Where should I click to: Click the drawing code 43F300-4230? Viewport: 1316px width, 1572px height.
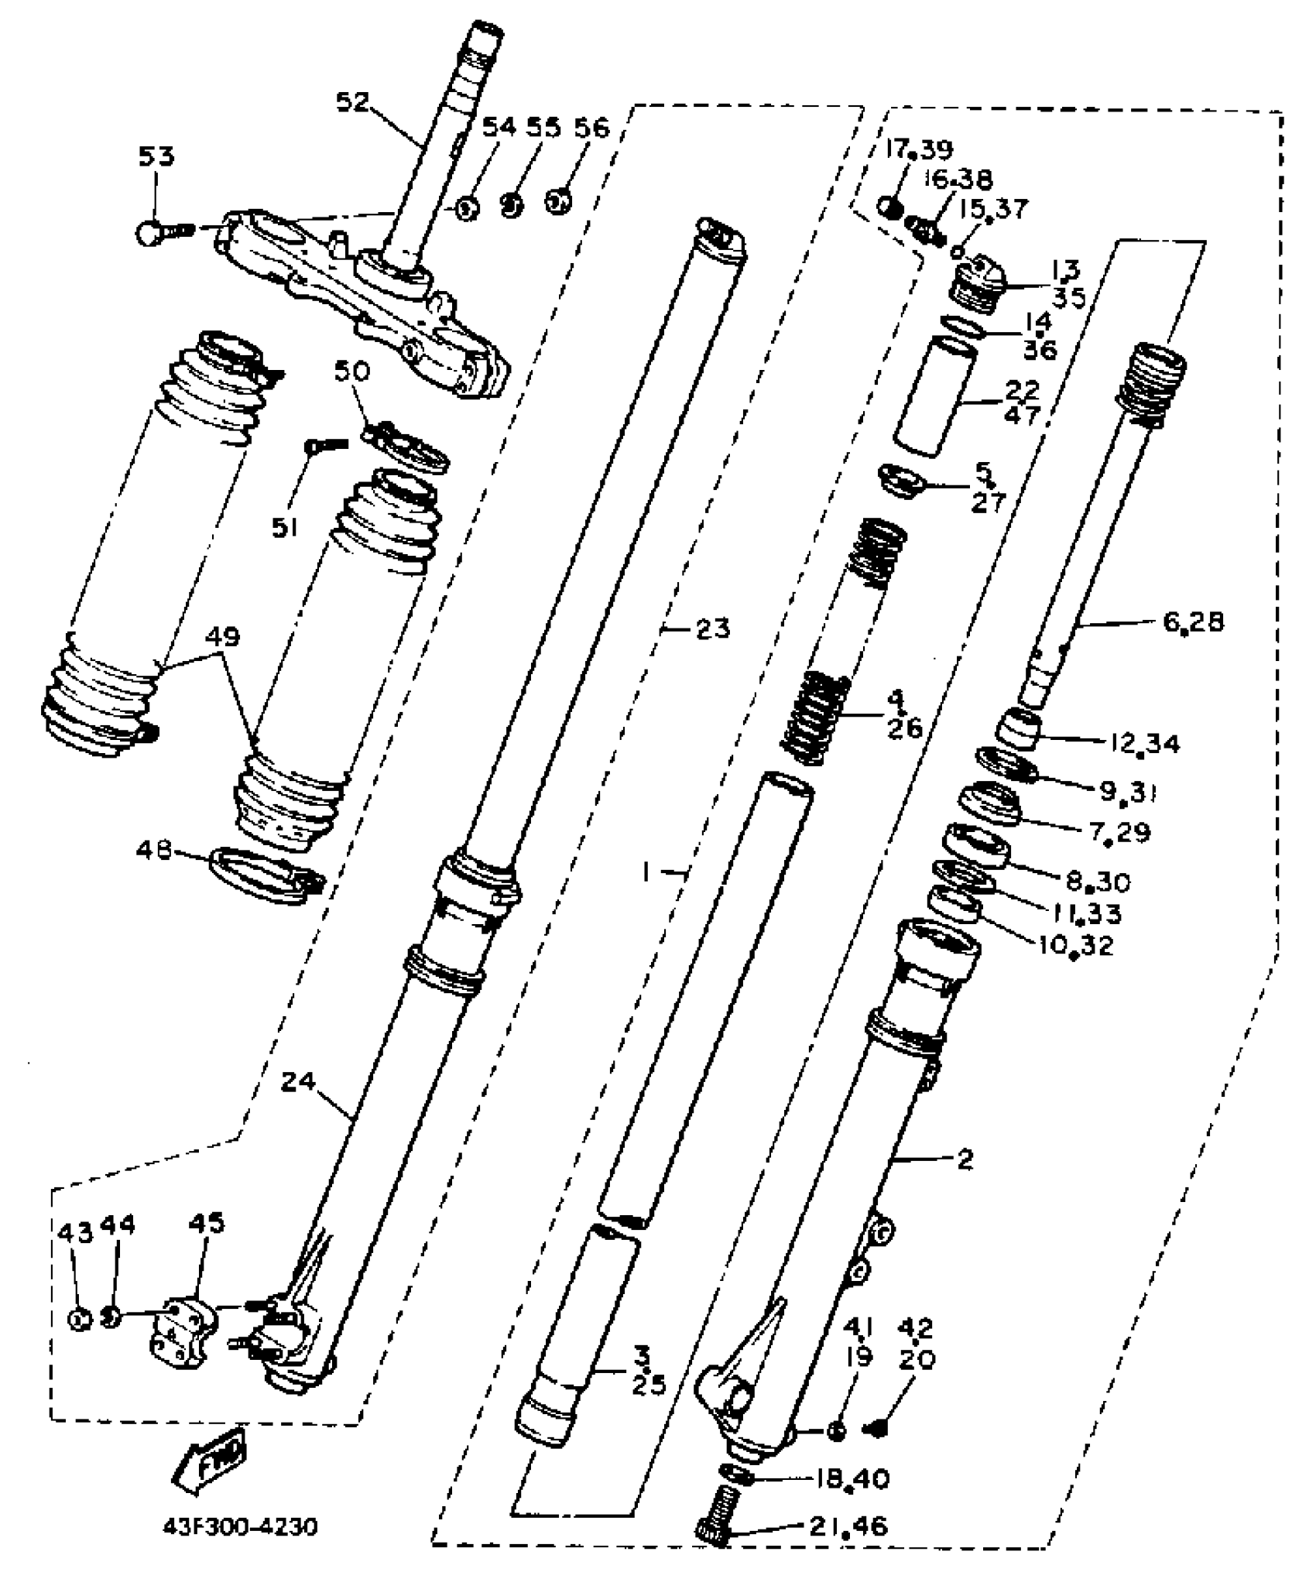click(x=240, y=1528)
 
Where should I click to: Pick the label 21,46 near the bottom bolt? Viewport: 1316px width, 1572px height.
click(x=848, y=1526)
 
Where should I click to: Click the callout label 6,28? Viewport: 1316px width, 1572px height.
click(x=1193, y=622)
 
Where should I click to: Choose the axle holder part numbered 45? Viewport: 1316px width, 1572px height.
click(x=183, y=1336)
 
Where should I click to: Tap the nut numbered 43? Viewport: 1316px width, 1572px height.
click(x=79, y=1320)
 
